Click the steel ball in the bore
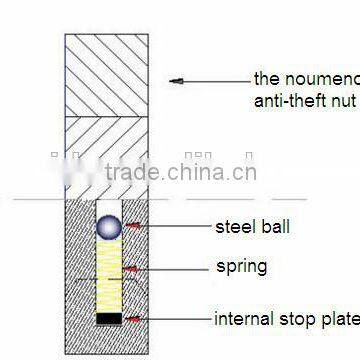[108, 228]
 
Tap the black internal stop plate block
[108, 319]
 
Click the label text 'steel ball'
[252, 227]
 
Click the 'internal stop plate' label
[285, 320]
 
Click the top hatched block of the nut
[108, 75]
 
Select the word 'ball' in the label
[275, 227]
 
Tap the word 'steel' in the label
[237, 227]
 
